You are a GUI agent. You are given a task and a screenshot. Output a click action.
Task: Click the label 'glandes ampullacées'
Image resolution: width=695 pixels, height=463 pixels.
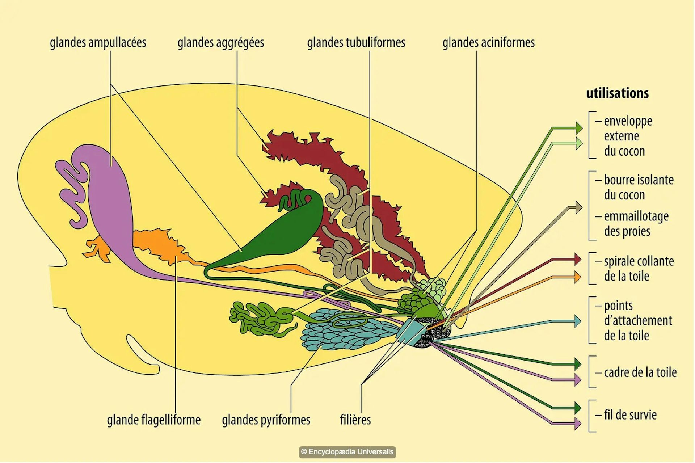(x=98, y=43)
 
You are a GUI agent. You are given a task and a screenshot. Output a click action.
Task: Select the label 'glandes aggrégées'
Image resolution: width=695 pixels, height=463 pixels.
(x=220, y=43)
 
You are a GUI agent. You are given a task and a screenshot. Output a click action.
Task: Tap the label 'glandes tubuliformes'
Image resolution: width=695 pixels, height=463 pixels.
(x=356, y=43)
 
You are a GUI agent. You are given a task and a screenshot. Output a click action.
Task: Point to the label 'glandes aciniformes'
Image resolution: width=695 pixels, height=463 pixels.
(x=488, y=43)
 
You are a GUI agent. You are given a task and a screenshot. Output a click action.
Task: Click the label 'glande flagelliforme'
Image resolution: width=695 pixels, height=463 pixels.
(x=153, y=420)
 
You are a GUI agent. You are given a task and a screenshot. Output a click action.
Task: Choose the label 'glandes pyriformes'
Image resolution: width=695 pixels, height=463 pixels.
(x=266, y=420)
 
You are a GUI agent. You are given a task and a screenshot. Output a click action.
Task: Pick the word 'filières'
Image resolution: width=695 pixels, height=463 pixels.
(x=355, y=420)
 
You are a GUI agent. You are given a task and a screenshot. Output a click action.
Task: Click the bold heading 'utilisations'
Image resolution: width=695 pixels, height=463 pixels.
(x=617, y=93)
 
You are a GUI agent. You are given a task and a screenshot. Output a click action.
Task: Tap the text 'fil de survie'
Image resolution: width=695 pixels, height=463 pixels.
(x=630, y=415)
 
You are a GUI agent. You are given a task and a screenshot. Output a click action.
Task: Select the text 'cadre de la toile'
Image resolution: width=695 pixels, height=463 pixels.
(x=640, y=372)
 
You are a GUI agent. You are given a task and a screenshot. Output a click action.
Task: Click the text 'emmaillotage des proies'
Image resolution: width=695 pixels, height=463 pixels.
(x=636, y=224)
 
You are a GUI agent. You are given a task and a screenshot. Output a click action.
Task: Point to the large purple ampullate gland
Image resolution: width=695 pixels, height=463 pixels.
(x=109, y=203)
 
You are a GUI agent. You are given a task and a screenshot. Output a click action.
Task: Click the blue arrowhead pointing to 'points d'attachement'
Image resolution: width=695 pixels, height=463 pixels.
(x=578, y=321)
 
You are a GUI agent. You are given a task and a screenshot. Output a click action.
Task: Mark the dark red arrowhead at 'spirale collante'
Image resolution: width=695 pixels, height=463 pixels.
(x=578, y=260)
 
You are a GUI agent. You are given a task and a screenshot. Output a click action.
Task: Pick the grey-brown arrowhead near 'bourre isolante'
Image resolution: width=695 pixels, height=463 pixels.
(x=578, y=208)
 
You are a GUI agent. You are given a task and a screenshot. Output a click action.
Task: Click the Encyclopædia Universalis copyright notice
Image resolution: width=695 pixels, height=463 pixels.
(x=347, y=452)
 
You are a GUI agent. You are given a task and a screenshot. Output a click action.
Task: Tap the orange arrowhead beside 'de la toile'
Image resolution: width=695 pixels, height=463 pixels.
(x=578, y=277)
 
